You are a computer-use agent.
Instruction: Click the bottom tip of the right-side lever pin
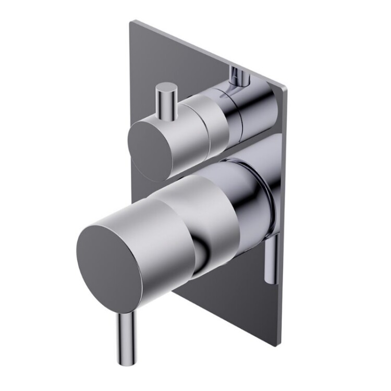(x=270, y=282)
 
